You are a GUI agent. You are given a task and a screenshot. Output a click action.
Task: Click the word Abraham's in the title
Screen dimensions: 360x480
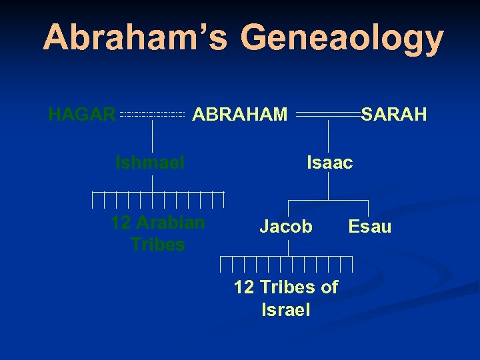coord(135,38)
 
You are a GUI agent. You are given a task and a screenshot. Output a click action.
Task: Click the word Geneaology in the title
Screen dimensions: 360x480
coord(342,39)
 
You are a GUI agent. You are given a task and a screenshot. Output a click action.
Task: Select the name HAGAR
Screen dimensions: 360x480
coord(82,115)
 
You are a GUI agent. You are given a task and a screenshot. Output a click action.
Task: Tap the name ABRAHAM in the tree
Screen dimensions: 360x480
coord(240,115)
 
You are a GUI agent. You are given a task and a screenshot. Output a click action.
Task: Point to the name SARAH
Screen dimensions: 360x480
coord(394,115)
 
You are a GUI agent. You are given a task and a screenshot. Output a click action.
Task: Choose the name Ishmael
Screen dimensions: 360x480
coord(150,162)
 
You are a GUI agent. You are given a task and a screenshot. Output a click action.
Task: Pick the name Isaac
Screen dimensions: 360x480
coord(329,162)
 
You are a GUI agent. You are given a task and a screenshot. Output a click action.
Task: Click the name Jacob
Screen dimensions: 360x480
coord(286,227)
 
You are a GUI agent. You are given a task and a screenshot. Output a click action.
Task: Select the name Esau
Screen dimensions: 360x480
coord(370,227)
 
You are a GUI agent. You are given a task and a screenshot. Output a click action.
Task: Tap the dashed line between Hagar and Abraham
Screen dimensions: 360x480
coord(152,115)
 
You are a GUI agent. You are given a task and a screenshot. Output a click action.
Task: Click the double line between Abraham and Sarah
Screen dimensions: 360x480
coord(328,115)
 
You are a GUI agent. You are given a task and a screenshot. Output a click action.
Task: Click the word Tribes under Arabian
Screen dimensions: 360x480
coord(158,244)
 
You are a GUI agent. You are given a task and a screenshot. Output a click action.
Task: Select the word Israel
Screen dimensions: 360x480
coord(286,309)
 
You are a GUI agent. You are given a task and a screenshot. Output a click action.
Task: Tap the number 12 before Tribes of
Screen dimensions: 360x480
coord(244,287)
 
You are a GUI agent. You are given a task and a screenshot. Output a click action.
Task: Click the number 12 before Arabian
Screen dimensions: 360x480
coord(121,223)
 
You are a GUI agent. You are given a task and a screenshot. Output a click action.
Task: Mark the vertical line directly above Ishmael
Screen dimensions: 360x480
coord(153,137)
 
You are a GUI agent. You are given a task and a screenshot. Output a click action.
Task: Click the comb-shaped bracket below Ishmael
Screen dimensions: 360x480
coord(158,199)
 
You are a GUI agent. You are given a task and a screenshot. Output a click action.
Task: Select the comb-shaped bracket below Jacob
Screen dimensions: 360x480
coord(288,263)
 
